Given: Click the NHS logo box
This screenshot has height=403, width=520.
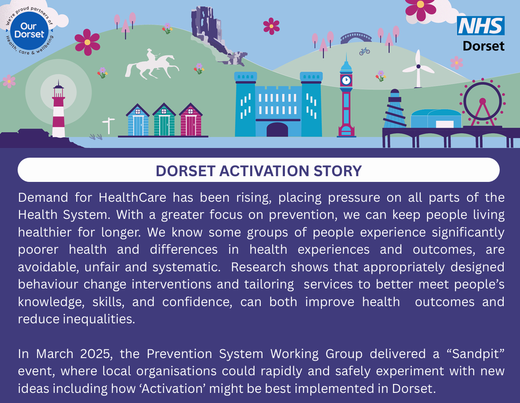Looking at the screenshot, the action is point(481,26).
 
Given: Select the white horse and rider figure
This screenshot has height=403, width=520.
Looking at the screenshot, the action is point(151,65).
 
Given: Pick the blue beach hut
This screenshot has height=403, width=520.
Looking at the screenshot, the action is point(138,120).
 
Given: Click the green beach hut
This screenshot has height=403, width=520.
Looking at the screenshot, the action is point(164,119).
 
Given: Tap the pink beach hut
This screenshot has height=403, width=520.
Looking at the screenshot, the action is point(191,119).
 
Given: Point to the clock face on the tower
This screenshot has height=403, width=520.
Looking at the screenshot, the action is point(346,80).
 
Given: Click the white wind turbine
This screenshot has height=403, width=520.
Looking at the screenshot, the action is point(418,69).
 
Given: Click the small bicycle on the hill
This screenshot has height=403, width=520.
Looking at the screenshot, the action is point(364,51).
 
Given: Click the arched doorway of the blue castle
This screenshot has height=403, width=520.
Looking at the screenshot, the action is point(277,129).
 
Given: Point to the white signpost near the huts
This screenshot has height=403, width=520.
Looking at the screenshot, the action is point(108,126).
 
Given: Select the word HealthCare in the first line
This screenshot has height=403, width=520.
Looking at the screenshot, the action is point(132,198).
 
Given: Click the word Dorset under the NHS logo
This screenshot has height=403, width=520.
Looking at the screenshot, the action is point(483,46).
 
